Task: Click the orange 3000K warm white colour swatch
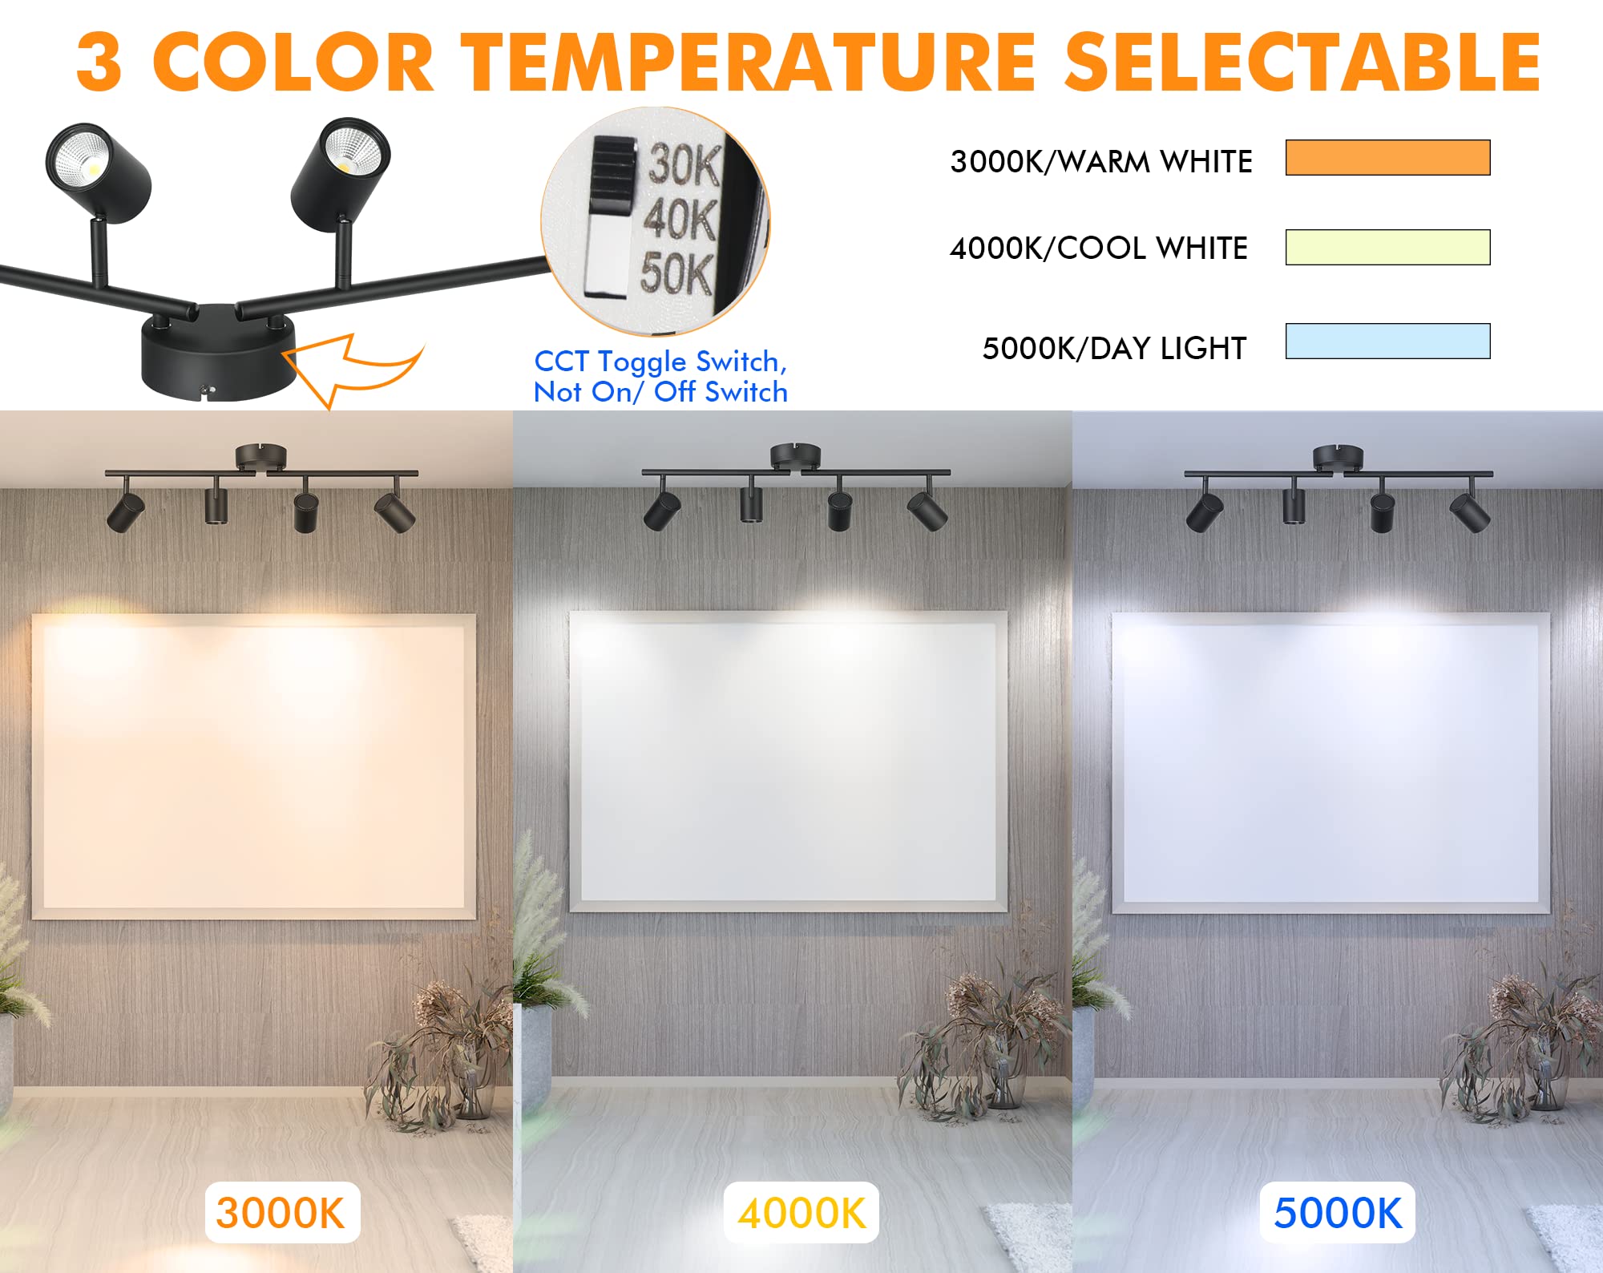click(x=1387, y=157)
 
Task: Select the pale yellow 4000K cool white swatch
click(x=1387, y=247)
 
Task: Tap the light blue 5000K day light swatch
click(x=1387, y=341)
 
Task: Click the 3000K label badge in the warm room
click(x=281, y=1213)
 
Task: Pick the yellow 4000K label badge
click(x=801, y=1213)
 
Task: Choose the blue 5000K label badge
click(x=1338, y=1213)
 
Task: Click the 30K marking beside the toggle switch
click(x=684, y=164)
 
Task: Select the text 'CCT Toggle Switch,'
click(x=660, y=362)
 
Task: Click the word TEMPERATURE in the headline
click(x=750, y=63)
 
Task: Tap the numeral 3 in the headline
click(x=99, y=63)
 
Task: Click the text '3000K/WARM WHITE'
click(x=1101, y=162)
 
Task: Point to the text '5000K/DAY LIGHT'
click(x=1115, y=349)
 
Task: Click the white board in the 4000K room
click(x=788, y=762)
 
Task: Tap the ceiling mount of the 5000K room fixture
click(x=1338, y=457)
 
